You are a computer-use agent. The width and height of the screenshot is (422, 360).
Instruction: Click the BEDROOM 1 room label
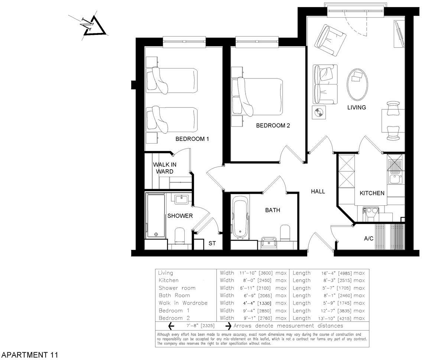tap(192, 139)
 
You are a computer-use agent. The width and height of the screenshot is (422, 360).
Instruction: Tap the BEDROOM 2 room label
tap(273, 126)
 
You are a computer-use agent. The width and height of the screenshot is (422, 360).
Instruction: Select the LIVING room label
tap(357, 107)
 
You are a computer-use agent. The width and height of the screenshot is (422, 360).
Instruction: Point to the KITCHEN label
tap(371, 193)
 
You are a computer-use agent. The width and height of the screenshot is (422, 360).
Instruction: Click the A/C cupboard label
tap(369, 238)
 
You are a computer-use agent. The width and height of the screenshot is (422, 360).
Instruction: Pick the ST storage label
tap(212, 244)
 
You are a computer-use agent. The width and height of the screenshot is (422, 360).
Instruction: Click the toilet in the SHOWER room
tap(179, 234)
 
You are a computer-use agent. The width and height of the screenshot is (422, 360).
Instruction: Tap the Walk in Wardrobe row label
tap(183, 303)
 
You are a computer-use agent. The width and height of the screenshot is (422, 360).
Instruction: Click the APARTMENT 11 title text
tap(30, 355)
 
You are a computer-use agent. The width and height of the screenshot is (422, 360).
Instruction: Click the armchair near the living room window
tap(330, 39)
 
